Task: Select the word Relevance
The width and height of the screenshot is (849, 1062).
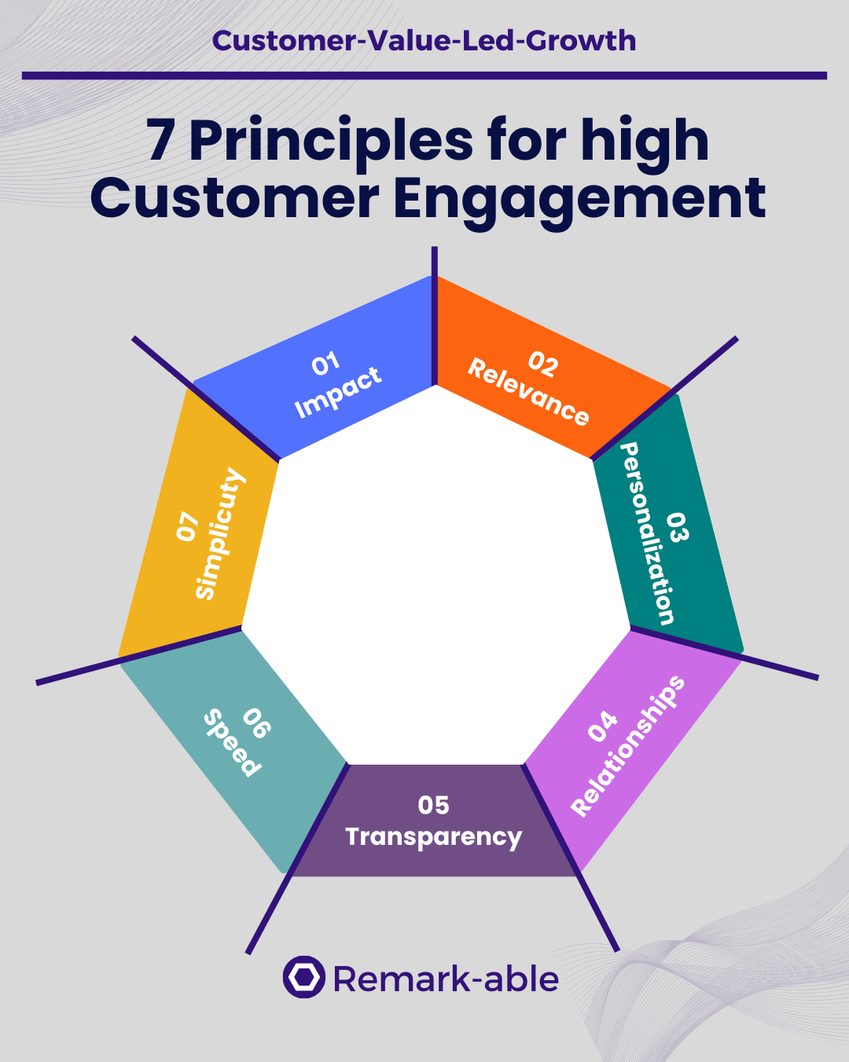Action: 528,392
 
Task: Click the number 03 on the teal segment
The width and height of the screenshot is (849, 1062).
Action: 678,526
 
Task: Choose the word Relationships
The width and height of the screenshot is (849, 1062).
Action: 629,746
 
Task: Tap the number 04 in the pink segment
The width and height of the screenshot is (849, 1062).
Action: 603,725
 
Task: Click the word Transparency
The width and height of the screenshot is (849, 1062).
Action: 433,837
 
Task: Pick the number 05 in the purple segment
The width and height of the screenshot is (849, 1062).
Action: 433,806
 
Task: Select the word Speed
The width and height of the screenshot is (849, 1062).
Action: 231,743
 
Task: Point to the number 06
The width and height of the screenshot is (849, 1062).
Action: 256,724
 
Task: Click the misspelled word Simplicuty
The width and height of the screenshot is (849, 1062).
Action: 220,533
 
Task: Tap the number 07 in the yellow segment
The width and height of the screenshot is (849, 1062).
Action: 187,526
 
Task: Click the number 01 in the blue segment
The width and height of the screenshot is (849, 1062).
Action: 325,363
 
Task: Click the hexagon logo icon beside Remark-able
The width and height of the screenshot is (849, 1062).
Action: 303,978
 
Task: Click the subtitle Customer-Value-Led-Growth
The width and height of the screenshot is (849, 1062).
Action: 424,40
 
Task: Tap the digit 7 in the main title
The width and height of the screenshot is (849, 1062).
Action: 160,142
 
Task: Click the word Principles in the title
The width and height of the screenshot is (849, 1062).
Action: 331,142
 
